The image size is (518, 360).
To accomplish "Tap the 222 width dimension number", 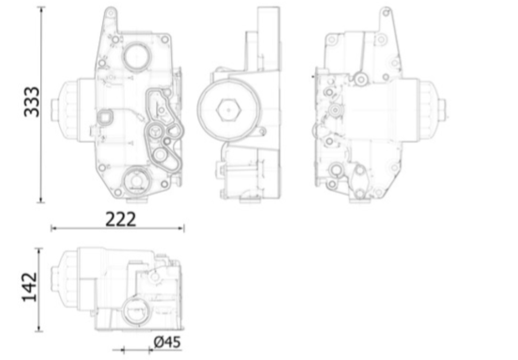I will [x=120, y=218].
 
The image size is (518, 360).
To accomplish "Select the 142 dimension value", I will [x=29, y=287].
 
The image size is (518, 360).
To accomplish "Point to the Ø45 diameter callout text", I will [x=167, y=342].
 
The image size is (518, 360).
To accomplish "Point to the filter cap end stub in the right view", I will [x=442, y=111].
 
